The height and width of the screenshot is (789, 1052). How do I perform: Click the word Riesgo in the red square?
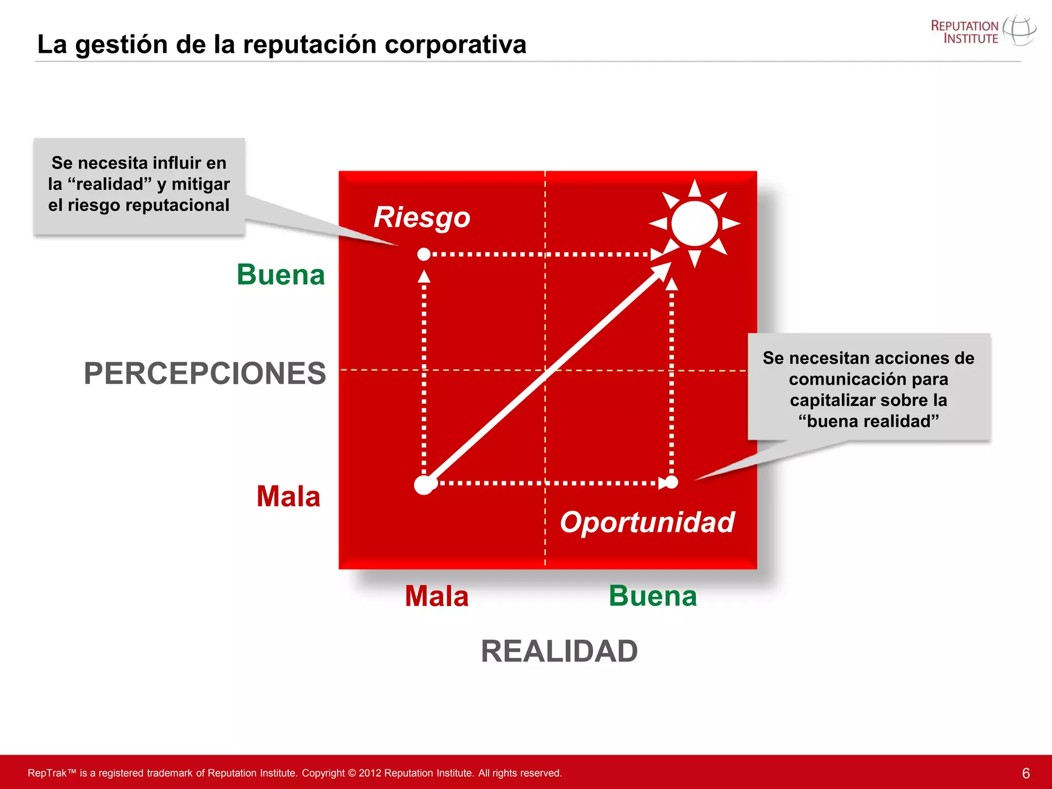coord(422,217)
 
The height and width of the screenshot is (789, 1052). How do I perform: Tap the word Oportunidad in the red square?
coord(647,522)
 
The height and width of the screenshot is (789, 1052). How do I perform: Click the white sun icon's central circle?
coord(694,223)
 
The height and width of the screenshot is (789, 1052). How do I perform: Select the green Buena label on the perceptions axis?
coord(280,274)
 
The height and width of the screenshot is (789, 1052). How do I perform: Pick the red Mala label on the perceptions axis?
coord(288,496)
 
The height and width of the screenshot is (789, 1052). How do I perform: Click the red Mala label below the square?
coord(437,596)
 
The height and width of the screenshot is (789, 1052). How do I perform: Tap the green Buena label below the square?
coord(652,596)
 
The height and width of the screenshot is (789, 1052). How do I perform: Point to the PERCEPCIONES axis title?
coord(205,373)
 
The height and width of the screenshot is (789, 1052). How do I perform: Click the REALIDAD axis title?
coord(559,651)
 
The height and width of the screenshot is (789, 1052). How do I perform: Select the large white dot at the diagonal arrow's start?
coord(424,484)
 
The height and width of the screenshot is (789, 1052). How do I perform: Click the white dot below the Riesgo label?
coord(424,254)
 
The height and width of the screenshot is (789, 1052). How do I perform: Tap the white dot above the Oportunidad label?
coord(671,482)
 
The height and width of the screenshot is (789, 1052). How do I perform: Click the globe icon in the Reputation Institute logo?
coord(1019,31)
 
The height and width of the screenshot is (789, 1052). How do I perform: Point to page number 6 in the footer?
coord(1026,773)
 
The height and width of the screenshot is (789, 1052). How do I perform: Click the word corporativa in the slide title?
coord(455,44)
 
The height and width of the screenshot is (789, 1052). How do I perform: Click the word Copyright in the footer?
coord(323,773)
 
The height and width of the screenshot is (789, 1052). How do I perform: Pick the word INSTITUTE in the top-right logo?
coord(971,39)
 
